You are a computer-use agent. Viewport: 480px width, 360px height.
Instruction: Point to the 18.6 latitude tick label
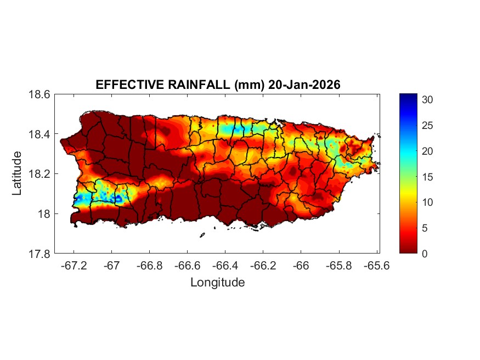pos(39,94)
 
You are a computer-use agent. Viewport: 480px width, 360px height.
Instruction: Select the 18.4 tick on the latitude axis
pos(39,134)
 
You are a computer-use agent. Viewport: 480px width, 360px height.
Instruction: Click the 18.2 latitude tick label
pos(39,174)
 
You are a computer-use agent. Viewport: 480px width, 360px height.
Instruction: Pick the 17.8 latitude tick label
pos(39,254)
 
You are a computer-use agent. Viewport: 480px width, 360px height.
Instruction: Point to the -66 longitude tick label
pos(301,266)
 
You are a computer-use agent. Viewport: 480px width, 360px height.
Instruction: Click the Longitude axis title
pos(217,283)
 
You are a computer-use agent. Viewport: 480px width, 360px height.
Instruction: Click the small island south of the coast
pos(202,235)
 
